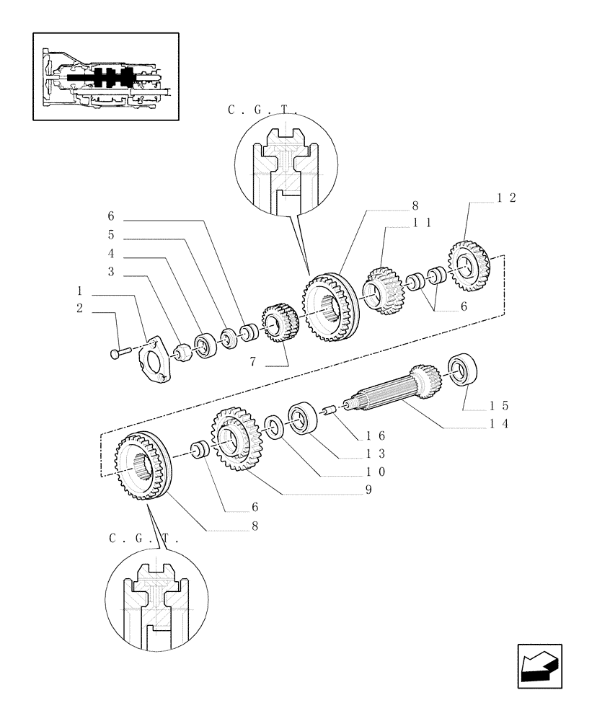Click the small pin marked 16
329,410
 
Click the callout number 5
111,235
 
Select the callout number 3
111,272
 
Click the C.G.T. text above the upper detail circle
262,110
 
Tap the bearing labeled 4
206,344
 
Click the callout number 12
505,198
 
